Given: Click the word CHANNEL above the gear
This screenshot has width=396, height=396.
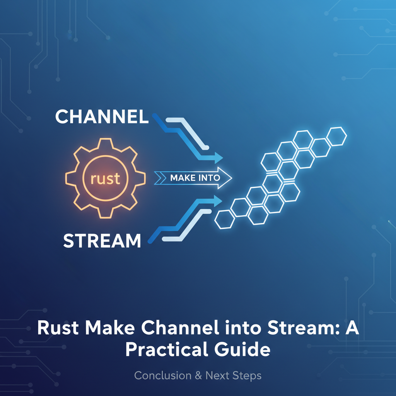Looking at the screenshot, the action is click(x=102, y=116).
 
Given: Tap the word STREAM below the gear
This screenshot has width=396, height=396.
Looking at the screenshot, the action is click(x=102, y=241).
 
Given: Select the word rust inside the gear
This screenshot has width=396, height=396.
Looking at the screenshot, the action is click(x=105, y=178).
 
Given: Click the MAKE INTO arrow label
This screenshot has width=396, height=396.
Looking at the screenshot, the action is click(x=195, y=178).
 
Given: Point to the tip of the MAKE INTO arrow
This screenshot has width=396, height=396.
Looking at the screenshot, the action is click(x=232, y=178).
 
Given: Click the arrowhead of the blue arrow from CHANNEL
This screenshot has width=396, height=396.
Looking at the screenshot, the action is click(x=218, y=158).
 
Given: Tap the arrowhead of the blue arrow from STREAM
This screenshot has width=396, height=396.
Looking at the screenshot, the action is click(x=218, y=201).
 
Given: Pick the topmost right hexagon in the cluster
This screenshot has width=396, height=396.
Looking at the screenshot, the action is click(x=336, y=137).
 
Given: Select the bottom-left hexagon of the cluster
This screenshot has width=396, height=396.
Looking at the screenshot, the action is click(x=225, y=219).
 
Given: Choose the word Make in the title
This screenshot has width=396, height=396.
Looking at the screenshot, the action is click(x=109, y=328).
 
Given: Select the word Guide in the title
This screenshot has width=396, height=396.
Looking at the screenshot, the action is click(x=242, y=349).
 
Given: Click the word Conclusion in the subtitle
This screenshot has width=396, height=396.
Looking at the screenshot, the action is click(x=163, y=376).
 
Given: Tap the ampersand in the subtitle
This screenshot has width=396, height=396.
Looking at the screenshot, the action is click(x=198, y=376).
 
